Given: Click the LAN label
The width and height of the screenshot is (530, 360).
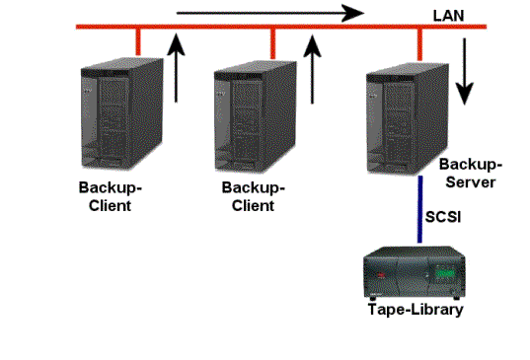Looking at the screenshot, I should click(448, 15).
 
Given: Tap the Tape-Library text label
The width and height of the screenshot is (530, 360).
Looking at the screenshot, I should click(415, 309).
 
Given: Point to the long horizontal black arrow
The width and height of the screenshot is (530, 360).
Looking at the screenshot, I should click(266, 14).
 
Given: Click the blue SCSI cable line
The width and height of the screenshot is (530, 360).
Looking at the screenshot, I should click(421, 213).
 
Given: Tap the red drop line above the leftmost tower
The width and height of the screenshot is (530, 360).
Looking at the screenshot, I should click(138, 39).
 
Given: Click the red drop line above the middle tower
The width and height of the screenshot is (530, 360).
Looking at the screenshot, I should click(273, 39).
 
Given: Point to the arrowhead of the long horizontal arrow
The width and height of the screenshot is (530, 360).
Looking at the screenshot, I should click(352, 14).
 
